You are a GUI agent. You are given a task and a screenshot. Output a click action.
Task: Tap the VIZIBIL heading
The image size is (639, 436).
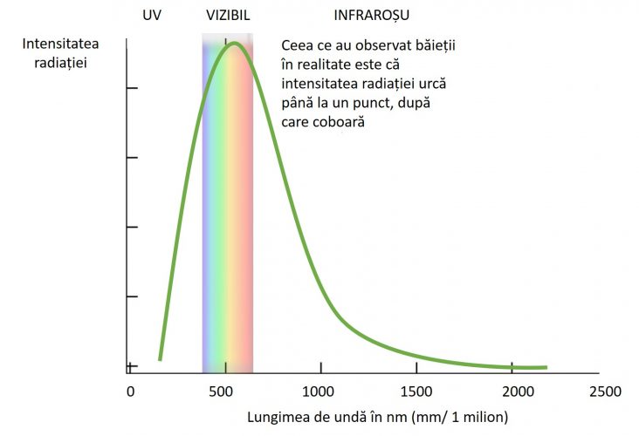[x=228, y=16]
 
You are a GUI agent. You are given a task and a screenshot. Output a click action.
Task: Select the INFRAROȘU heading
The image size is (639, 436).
[x=372, y=16]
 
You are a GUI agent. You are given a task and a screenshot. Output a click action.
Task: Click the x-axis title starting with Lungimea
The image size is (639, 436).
[x=377, y=416]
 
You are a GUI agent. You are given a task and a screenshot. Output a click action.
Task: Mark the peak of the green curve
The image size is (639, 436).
[x=233, y=44]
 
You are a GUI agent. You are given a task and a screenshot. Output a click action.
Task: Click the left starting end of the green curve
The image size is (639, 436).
[x=160, y=358]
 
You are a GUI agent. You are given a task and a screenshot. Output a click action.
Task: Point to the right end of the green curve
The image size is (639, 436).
[x=545, y=367]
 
